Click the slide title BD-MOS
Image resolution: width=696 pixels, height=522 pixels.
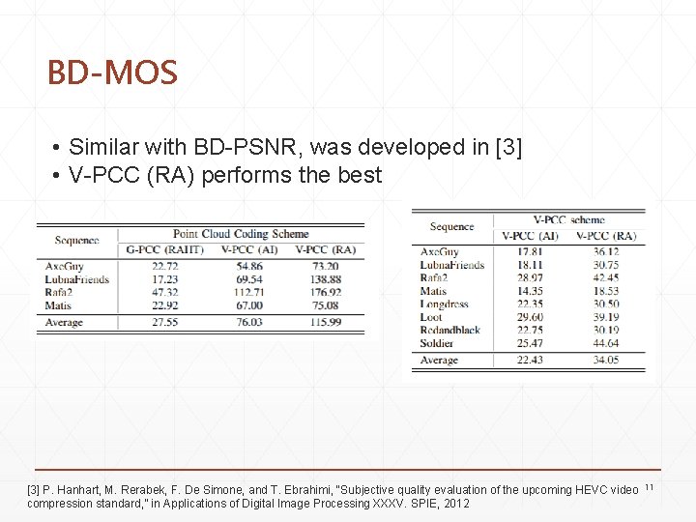(112, 73)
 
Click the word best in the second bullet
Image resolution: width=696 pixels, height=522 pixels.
(360, 176)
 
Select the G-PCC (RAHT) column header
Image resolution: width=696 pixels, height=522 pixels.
(165, 249)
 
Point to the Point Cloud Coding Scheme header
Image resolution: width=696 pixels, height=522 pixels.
(241, 234)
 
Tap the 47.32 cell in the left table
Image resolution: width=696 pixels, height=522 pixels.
(165, 292)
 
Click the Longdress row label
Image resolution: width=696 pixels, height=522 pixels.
(445, 304)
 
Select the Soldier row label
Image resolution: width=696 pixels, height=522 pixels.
(438, 342)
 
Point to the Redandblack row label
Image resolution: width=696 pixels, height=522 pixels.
(450, 330)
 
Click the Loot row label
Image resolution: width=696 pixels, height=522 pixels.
(431, 316)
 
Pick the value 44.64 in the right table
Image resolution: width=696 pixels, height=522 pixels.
(605, 342)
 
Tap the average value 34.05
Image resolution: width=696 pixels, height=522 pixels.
(605, 361)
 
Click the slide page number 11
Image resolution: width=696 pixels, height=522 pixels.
(649, 486)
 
